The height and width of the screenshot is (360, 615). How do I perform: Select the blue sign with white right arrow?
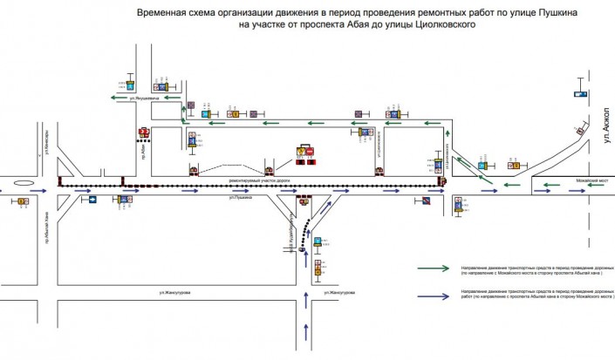[91, 200]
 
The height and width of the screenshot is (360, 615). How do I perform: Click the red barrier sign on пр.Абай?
[144, 132]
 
